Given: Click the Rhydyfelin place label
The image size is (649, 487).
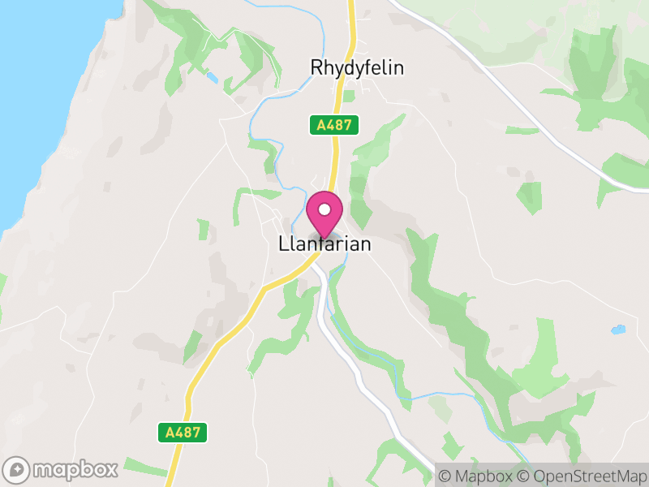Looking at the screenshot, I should click(x=357, y=68).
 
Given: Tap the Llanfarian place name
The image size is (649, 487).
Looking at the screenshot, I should click(x=324, y=243).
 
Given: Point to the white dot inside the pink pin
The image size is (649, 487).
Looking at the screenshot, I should click(x=324, y=210).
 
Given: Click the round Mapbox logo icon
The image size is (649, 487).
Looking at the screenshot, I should click(x=17, y=469).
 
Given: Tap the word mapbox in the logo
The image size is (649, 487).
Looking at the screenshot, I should click(x=75, y=469).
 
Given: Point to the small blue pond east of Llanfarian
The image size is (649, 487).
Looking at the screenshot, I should click(x=618, y=330).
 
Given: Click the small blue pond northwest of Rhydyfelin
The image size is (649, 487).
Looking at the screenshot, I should click(x=212, y=78).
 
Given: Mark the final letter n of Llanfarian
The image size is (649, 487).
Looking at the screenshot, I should click(x=366, y=243).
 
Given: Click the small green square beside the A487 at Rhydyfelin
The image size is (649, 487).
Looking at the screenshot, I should click(x=349, y=96).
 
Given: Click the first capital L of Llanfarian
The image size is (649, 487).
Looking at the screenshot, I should click(x=282, y=243).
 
